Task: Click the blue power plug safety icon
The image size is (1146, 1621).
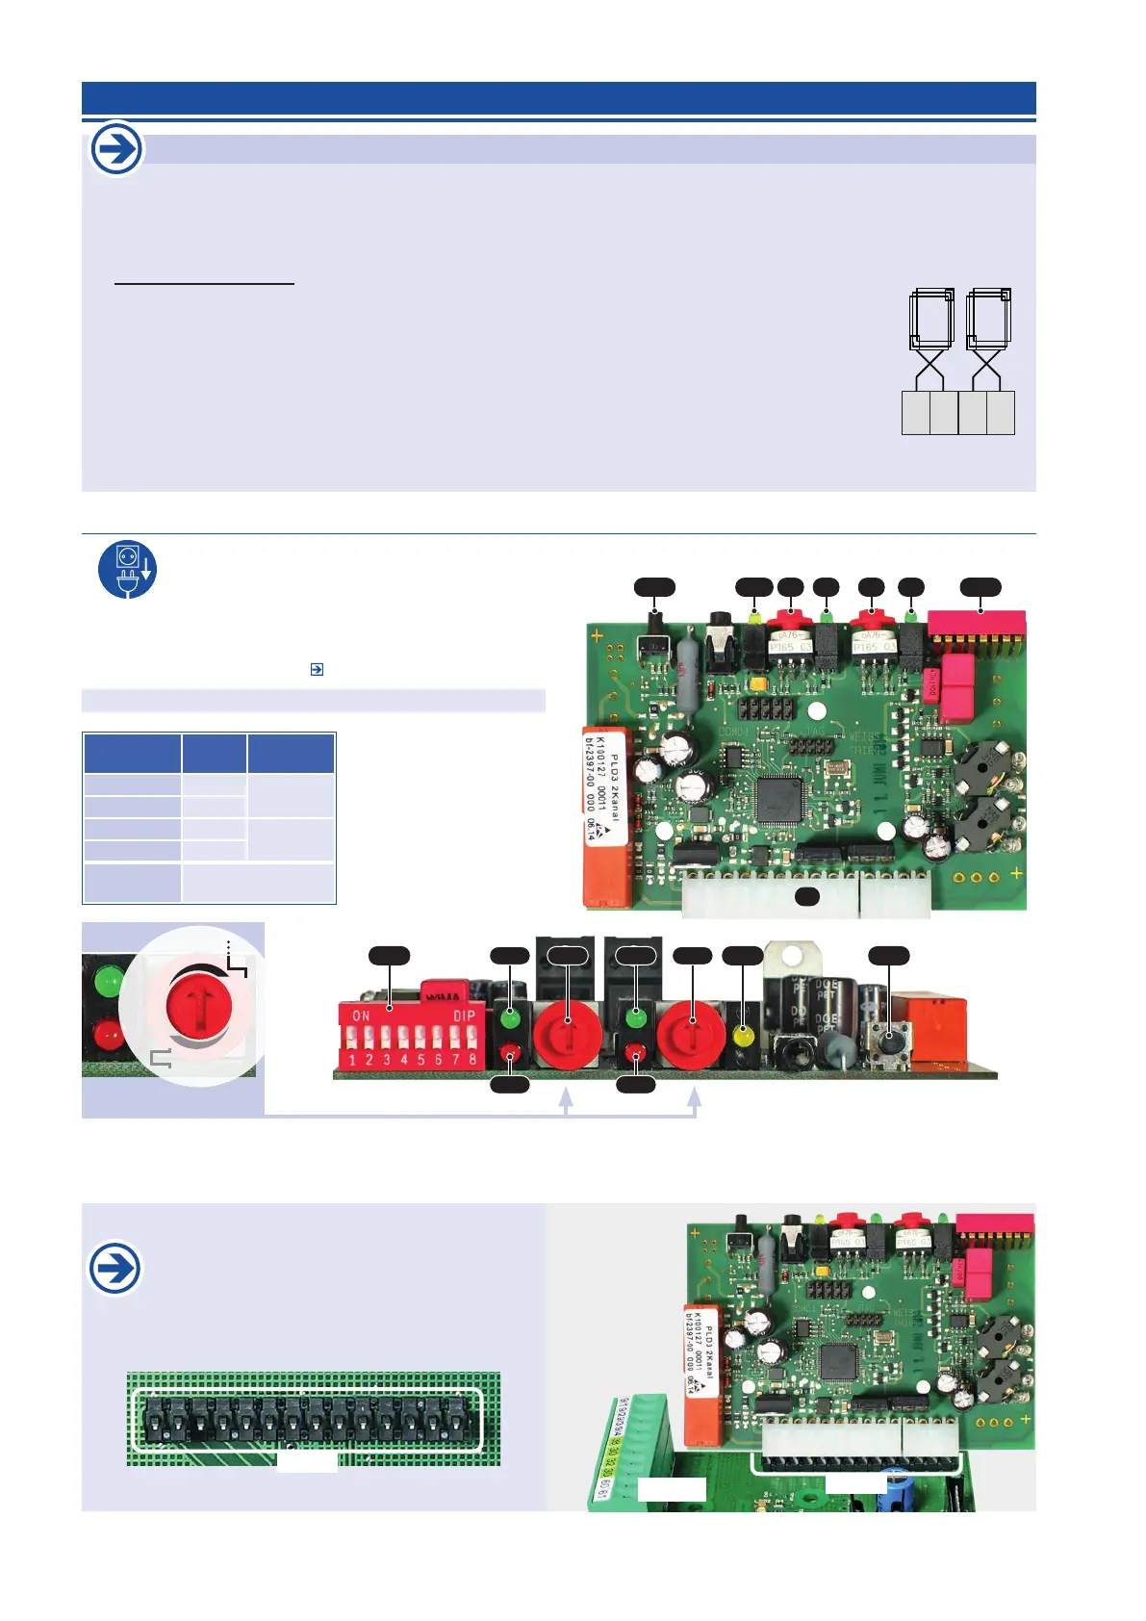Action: coord(127,569)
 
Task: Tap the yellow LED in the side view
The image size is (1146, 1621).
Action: coord(742,1037)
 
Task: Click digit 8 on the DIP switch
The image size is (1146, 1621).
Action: coord(472,1059)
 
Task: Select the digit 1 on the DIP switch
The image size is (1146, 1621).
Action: coord(352,1060)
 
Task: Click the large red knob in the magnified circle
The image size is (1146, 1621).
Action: coord(198,1005)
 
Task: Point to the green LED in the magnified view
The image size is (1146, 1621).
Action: coord(108,982)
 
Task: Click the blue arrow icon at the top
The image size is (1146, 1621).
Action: coord(116,150)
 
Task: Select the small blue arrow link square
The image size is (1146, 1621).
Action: coord(317,669)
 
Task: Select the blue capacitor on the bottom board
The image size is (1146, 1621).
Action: coord(897,1479)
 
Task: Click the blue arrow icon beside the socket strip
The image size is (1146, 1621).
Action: coord(115,1268)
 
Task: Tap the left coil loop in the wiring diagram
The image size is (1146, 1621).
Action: coord(930,319)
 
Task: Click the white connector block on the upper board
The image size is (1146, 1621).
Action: coord(806,895)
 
